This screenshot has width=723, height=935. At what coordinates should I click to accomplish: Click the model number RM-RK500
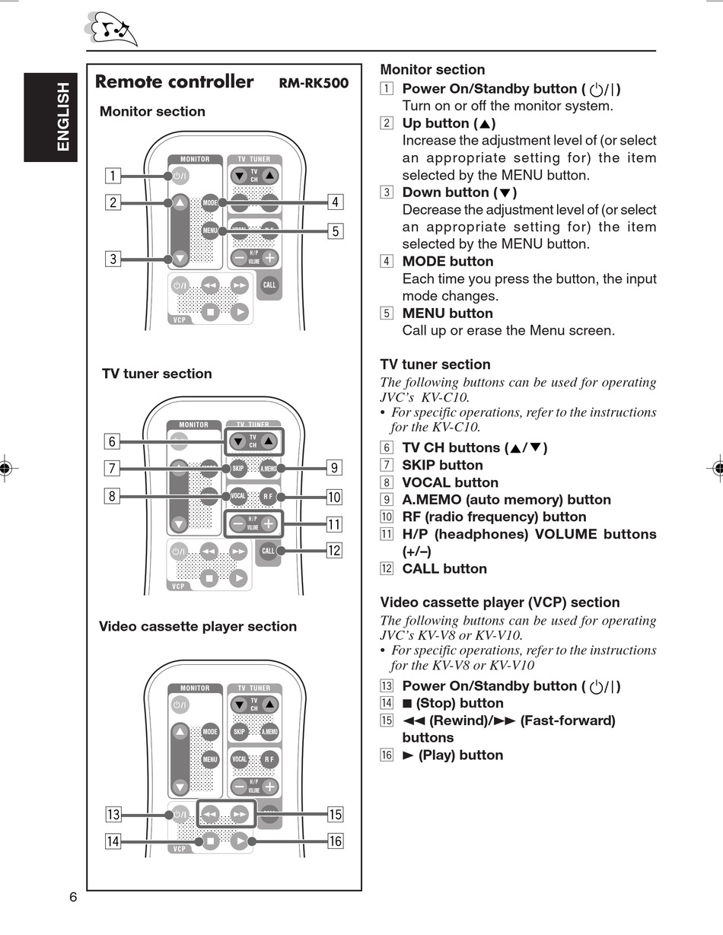[314, 83]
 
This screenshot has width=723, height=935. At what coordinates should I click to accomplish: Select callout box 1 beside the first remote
[113, 176]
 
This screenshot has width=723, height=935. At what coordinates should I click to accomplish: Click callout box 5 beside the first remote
[335, 231]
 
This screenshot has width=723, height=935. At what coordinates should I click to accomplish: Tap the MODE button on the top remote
[211, 202]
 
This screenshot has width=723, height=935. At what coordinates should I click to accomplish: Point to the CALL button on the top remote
[269, 285]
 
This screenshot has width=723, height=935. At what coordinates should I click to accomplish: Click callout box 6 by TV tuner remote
[112, 441]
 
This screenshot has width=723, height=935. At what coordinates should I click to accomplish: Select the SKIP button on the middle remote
[239, 468]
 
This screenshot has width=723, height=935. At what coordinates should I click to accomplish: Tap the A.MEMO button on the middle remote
[269, 468]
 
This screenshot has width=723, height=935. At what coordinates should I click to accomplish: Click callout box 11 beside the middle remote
[334, 524]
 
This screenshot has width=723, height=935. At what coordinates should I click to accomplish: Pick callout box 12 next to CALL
[334, 551]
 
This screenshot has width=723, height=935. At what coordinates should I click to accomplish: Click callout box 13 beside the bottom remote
[113, 815]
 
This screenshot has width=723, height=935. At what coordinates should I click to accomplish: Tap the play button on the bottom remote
[240, 841]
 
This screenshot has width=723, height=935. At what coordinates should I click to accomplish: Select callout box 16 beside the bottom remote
[335, 841]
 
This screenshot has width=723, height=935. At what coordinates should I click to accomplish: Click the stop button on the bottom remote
[210, 841]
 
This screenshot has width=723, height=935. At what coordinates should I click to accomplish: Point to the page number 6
[73, 897]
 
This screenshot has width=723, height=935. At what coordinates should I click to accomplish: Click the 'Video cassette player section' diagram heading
[198, 626]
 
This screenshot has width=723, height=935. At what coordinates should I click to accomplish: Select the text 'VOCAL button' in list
[450, 482]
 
